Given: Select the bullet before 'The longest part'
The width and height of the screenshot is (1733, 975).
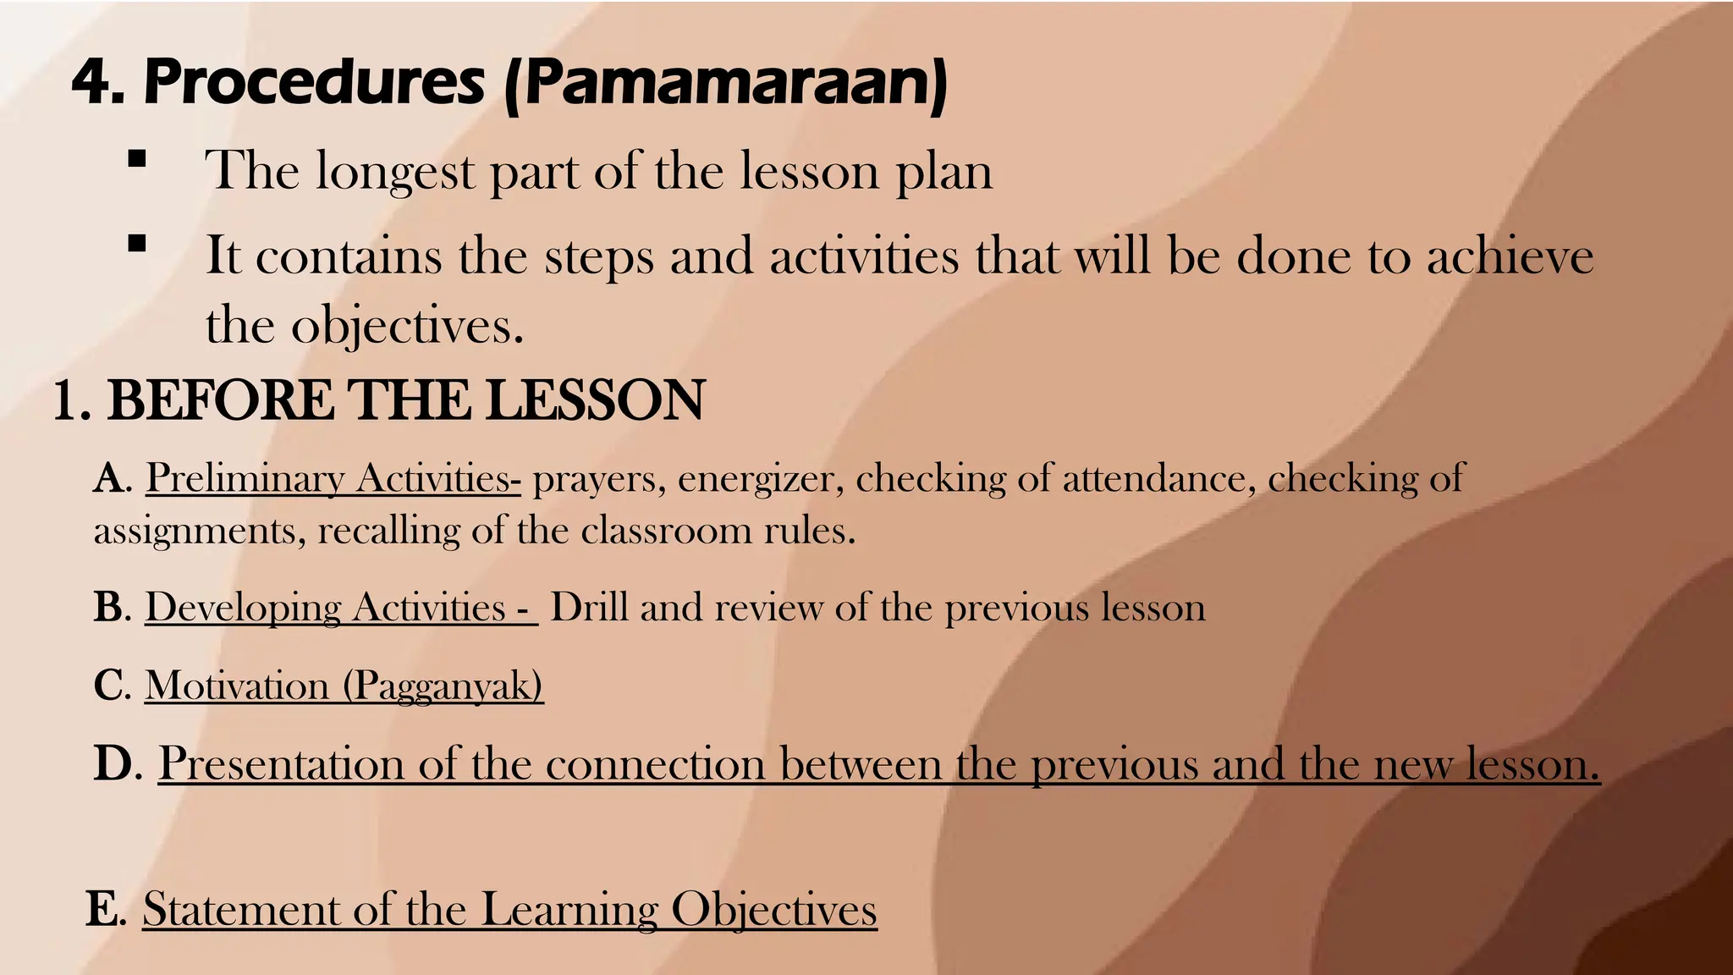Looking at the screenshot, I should (137, 159).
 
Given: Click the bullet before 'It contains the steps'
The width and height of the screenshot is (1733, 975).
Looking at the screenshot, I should (137, 245).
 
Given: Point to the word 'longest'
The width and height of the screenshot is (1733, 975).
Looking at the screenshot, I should (395, 172).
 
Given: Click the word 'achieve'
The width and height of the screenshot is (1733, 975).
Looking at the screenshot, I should (1510, 256).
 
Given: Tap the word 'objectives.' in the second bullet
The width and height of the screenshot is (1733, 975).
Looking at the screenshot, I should (407, 326).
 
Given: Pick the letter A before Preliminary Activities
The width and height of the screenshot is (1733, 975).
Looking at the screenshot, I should (109, 479).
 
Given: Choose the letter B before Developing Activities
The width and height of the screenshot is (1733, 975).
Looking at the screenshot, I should (109, 608).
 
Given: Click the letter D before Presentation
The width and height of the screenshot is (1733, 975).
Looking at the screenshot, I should (113, 763).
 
